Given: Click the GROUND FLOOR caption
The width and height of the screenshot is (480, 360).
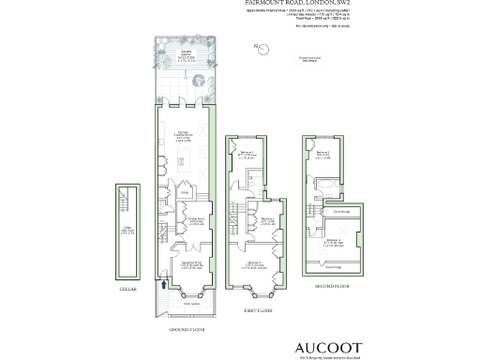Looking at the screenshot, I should click(187, 329).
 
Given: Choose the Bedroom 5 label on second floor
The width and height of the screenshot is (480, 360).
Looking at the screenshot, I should click(322, 152).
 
